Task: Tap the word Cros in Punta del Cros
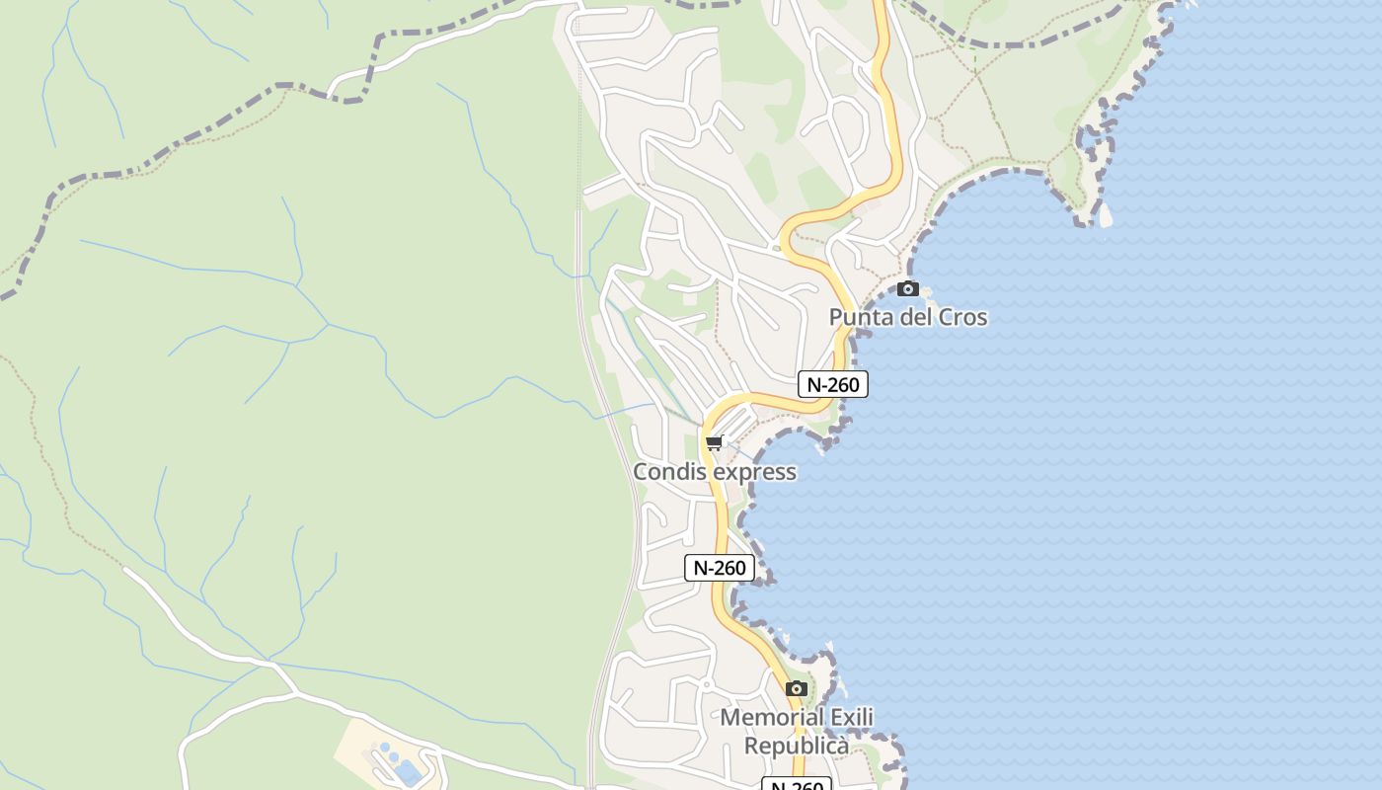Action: [963, 317]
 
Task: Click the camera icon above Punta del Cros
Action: [907, 289]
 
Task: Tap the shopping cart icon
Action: [715, 442]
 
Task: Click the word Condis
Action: [670, 472]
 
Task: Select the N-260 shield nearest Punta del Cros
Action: [832, 384]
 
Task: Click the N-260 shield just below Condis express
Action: [720, 568]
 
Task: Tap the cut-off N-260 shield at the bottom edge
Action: [797, 785]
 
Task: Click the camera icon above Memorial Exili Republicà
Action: [797, 688]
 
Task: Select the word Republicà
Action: [796, 746]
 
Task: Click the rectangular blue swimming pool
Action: [408, 772]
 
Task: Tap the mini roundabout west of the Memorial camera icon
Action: [706, 683]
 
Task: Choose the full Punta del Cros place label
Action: [907, 317]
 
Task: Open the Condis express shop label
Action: [714, 472]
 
